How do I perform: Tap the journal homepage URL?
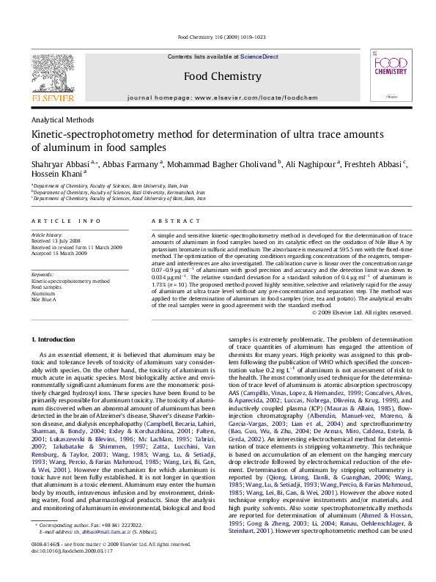(251, 97)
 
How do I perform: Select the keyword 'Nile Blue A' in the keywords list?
(43, 300)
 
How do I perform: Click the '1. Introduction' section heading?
(56, 339)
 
